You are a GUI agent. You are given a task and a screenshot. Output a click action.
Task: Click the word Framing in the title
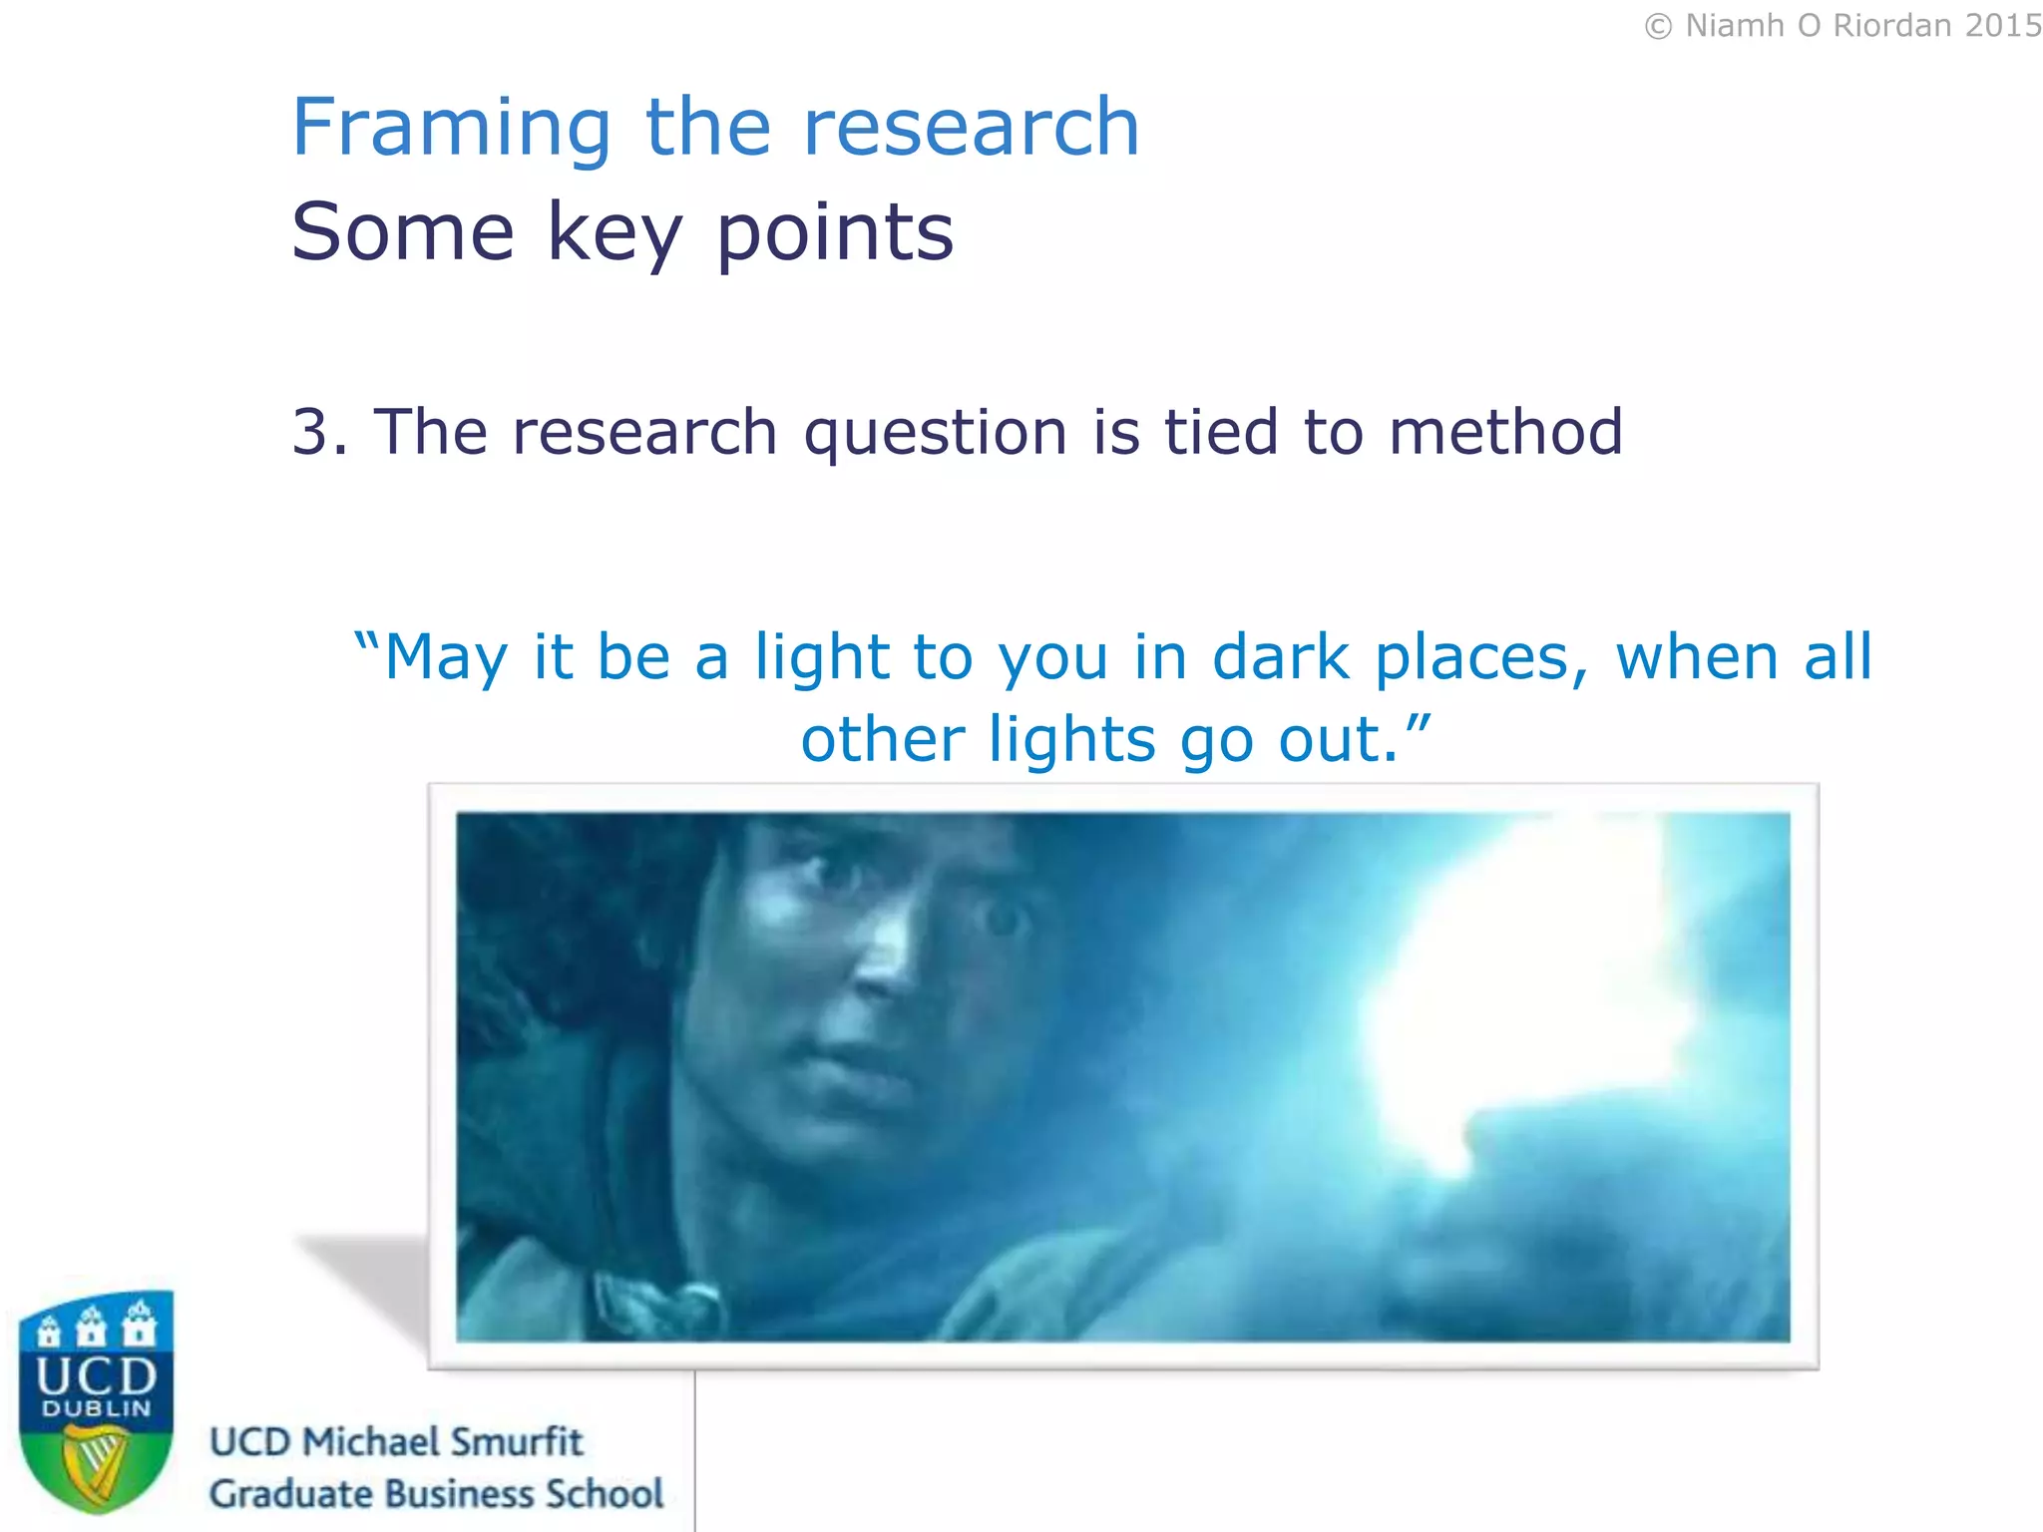(451, 130)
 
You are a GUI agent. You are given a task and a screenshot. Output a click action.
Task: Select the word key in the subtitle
(614, 233)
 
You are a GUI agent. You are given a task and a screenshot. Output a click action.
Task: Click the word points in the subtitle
(835, 233)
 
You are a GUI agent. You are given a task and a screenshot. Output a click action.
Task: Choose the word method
(1506, 432)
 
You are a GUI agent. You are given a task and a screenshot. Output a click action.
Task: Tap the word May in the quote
(446, 659)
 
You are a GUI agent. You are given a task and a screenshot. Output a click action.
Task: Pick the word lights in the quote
(1072, 741)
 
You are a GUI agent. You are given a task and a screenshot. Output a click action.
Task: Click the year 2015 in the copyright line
(2001, 26)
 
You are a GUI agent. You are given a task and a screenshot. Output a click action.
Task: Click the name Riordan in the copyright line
(1892, 26)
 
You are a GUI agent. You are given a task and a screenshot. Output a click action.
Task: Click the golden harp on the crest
(95, 1464)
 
